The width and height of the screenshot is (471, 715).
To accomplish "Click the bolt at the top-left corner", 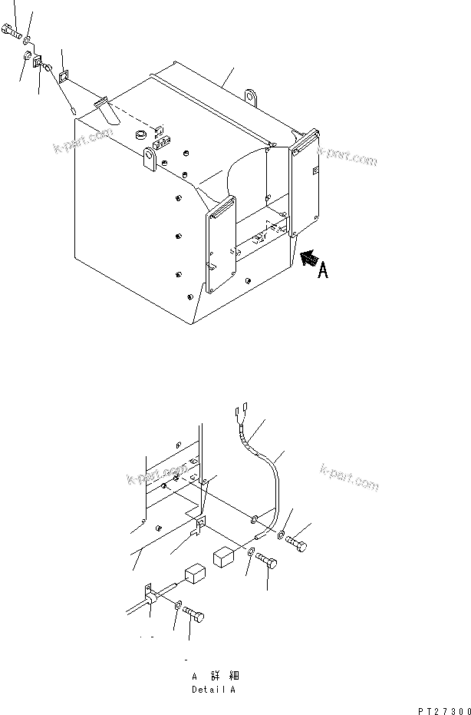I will (10, 34).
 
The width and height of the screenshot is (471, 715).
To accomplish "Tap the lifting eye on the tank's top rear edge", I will (251, 97).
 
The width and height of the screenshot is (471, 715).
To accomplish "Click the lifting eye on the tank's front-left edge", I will (150, 160).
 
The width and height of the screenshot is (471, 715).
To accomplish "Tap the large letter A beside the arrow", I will (324, 271).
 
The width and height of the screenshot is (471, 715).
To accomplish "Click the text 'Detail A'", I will (214, 690).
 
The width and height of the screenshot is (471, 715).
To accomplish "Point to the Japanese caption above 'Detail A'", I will (215, 676).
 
